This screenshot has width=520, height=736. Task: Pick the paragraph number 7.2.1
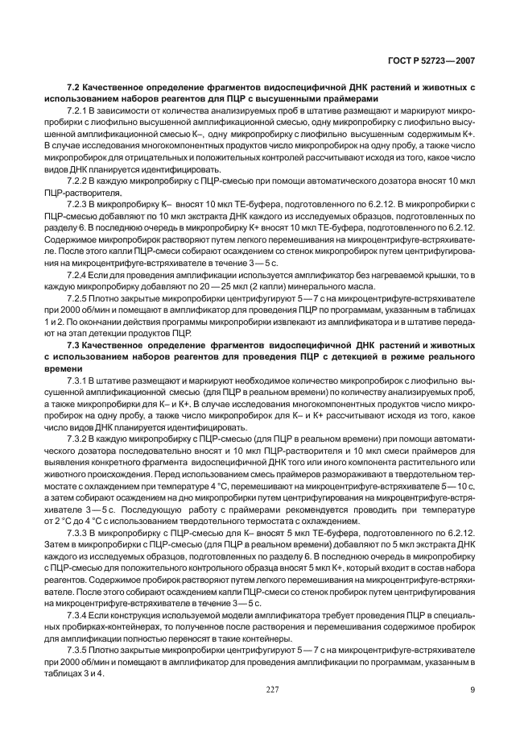click(x=79, y=110)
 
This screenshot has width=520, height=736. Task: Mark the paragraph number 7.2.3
click(x=79, y=206)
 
